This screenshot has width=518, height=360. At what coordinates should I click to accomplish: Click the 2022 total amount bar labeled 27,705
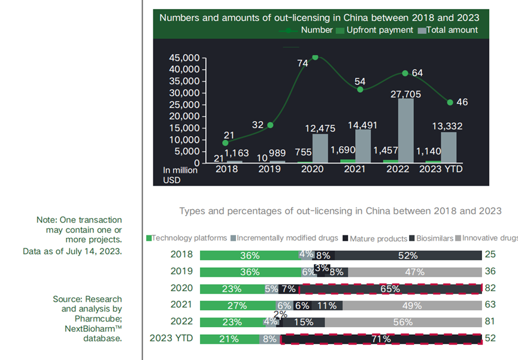pyautogui.click(x=405, y=130)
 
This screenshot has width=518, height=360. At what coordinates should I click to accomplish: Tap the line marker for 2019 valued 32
pyautogui.click(x=270, y=125)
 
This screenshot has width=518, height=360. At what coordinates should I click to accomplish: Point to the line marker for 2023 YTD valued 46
pyautogui.click(x=450, y=102)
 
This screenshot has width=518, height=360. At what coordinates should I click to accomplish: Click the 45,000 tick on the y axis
pyautogui.click(x=183, y=58)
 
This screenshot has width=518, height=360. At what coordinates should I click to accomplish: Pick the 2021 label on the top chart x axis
pyautogui.click(x=355, y=169)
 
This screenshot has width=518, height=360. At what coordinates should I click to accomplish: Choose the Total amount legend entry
pyautogui.click(x=448, y=30)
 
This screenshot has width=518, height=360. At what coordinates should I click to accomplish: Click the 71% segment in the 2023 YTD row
pyautogui.click(x=381, y=339)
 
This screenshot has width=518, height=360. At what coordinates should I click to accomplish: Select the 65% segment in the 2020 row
pyautogui.click(x=390, y=289)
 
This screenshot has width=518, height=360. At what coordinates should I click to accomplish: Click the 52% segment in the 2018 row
pyautogui.click(x=407, y=255)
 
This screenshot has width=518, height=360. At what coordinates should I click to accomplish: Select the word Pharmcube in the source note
pyautogui.click(x=99, y=319)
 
